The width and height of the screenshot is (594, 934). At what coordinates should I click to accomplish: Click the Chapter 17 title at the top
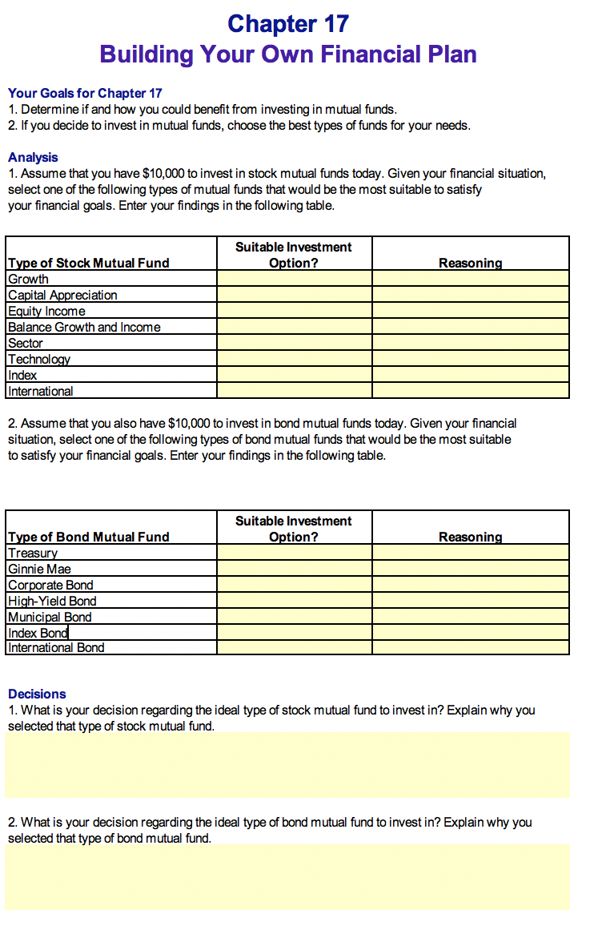288,24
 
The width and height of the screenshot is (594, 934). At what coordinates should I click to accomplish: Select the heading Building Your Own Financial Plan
288,54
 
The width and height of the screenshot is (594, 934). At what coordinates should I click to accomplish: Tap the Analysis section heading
33,157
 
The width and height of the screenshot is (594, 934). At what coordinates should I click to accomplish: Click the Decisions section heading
37,694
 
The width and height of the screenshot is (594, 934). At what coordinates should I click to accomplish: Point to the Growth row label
28,279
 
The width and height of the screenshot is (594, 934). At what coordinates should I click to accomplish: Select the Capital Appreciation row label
62,295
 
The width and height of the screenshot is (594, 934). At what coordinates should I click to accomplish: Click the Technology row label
39,359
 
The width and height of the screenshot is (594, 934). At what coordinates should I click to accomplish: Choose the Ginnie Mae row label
39,569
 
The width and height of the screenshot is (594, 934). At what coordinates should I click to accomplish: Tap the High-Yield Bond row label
52,601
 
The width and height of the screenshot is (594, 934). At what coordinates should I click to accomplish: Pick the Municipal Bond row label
50,617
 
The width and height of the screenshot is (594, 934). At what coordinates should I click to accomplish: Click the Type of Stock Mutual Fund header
88,263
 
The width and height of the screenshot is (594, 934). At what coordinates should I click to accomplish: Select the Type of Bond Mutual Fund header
88,537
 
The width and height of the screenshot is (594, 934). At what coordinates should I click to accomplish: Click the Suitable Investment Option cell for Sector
294,343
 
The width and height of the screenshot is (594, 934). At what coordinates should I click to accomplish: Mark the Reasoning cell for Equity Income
470,311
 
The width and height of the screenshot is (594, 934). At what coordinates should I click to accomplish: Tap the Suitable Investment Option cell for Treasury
294,553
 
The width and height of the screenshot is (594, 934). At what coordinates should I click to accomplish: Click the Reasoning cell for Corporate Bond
470,585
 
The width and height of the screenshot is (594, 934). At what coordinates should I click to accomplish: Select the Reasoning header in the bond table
470,537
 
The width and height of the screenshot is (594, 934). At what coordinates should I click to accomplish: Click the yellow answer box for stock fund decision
287,764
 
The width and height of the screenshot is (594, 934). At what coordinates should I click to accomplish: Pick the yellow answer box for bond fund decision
287,876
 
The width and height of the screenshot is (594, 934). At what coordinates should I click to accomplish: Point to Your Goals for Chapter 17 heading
85,93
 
